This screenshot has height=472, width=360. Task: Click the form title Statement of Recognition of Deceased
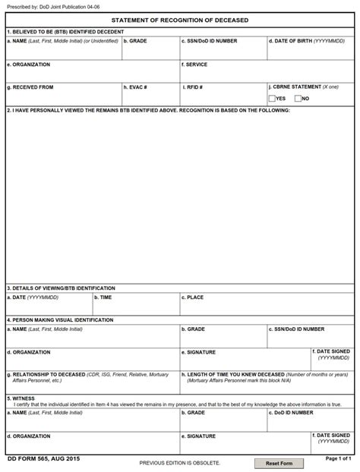[x=180, y=20]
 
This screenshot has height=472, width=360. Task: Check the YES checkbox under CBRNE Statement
[x=273, y=99]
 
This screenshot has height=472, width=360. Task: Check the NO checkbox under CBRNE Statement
[x=298, y=99]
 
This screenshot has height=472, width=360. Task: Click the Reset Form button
[x=279, y=463]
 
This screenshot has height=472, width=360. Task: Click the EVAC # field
[x=150, y=99]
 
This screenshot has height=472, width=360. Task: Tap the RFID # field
[x=223, y=99]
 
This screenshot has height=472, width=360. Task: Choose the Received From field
[x=63, y=99]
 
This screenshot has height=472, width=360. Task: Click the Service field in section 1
[x=267, y=74]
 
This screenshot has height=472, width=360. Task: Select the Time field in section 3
[x=135, y=308]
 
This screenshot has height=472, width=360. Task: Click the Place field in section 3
[x=267, y=308]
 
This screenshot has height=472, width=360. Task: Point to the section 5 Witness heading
[x=22, y=398]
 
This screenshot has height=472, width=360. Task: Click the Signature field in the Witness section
[x=245, y=446]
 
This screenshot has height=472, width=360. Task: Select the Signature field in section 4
[x=245, y=362]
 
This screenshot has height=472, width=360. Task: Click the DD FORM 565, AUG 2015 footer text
[x=43, y=459]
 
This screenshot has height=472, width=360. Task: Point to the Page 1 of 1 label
[x=338, y=458]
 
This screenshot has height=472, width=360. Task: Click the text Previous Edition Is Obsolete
[x=180, y=463]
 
